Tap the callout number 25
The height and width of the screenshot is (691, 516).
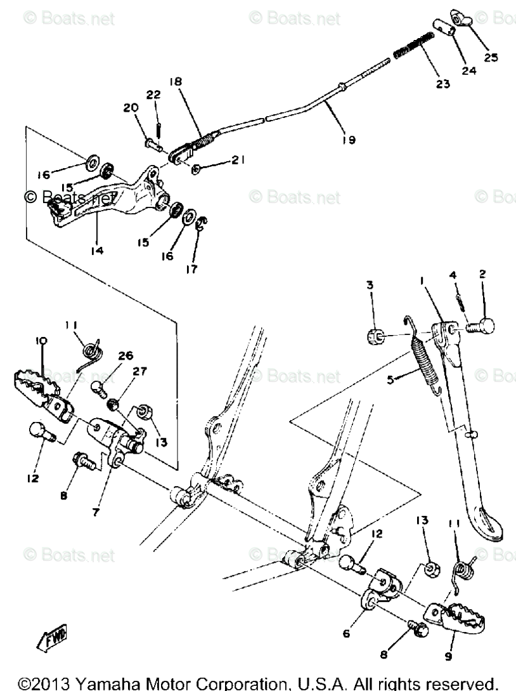click(491, 57)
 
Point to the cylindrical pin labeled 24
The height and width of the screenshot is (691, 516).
click(447, 29)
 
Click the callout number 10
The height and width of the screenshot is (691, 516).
click(42, 341)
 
